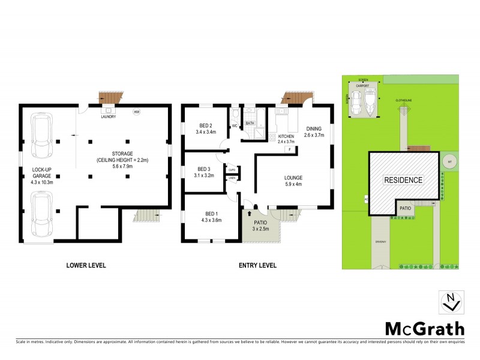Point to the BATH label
point(250,123)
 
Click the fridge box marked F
point(289,149)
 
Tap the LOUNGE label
point(293,178)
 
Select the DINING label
point(314,128)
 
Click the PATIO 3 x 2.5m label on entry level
point(260,226)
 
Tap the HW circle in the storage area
point(137,112)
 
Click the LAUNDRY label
point(109,116)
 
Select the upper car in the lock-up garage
point(41,133)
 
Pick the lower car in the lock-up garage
point(41,214)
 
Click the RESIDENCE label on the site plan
point(403,180)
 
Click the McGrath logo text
point(424,328)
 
